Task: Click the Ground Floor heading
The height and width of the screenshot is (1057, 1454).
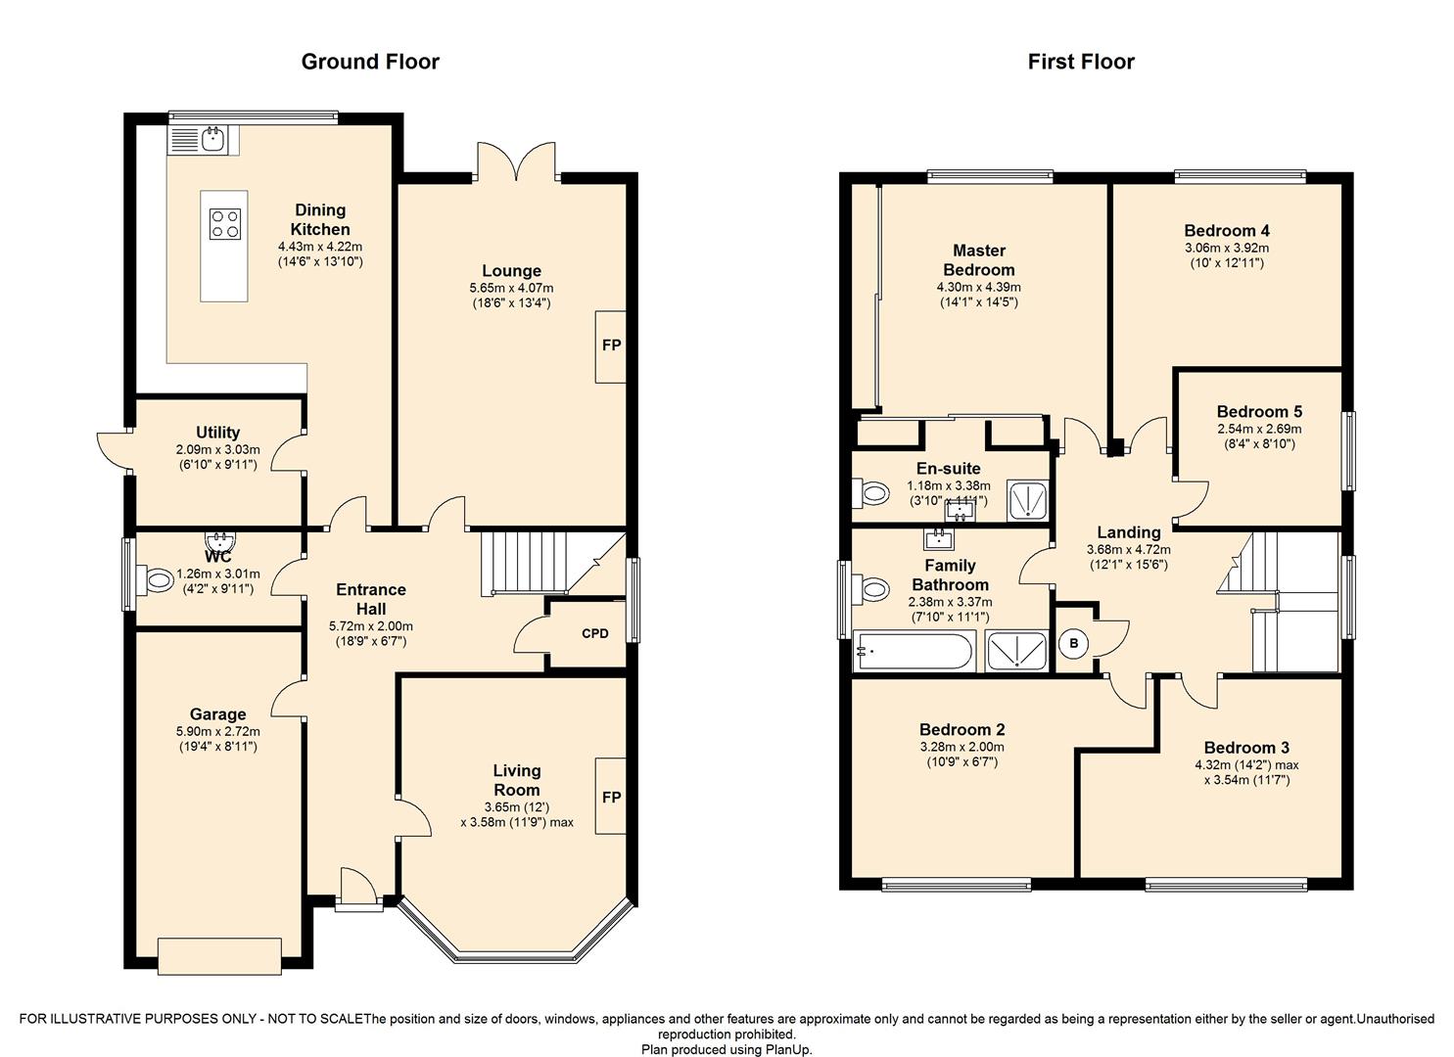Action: click(x=370, y=62)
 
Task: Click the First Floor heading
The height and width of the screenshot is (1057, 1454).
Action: click(x=1081, y=62)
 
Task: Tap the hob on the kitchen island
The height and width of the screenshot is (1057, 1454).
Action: click(x=224, y=224)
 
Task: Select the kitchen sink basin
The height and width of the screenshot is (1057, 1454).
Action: click(x=213, y=139)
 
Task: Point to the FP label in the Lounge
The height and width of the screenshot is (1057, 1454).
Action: click(x=611, y=345)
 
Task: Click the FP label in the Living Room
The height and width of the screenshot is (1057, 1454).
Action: click(x=611, y=797)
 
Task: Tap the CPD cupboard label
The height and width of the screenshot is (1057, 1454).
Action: click(x=594, y=633)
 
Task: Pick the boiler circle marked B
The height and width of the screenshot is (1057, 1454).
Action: click(x=1074, y=643)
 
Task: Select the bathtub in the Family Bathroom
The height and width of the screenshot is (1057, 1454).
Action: click(x=914, y=651)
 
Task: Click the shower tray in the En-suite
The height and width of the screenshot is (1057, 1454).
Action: click(x=1027, y=500)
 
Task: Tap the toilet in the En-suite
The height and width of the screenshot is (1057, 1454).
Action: click(x=870, y=494)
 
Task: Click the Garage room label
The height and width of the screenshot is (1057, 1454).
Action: click(x=217, y=714)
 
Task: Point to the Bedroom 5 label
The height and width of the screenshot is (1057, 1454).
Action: click(x=1259, y=411)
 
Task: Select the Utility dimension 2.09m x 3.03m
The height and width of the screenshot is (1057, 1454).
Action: click(x=217, y=449)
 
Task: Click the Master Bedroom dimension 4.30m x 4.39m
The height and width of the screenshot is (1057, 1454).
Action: click(x=978, y=287)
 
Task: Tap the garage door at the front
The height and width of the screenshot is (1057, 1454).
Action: click(x=219, y=956)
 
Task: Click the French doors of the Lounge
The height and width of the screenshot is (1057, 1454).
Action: click(x=517, y=161)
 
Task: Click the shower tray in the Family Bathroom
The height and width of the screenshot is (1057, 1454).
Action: click(x=1016, y=651)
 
